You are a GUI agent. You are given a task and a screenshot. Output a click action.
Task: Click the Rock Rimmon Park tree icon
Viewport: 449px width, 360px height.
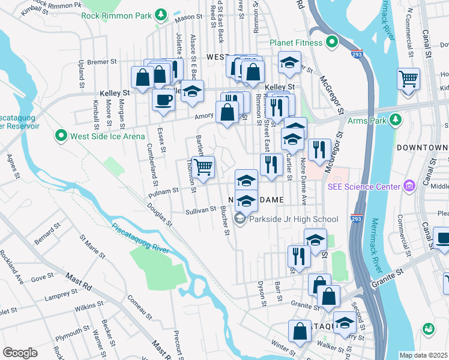pyautogui.click(x=160, y=14)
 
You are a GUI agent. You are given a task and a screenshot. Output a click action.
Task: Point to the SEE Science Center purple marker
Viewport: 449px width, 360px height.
pyautogui.click(x=409, y=187)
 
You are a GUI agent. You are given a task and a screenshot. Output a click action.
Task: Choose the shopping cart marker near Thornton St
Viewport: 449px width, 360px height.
pyautogui.click(x=203, y=166)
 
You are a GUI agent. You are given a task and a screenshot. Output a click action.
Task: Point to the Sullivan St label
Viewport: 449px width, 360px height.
pyautogui.click(x=200, y=210)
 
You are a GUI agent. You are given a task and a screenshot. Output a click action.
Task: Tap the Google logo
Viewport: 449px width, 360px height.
pyautogui.click(x=20, y=352)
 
